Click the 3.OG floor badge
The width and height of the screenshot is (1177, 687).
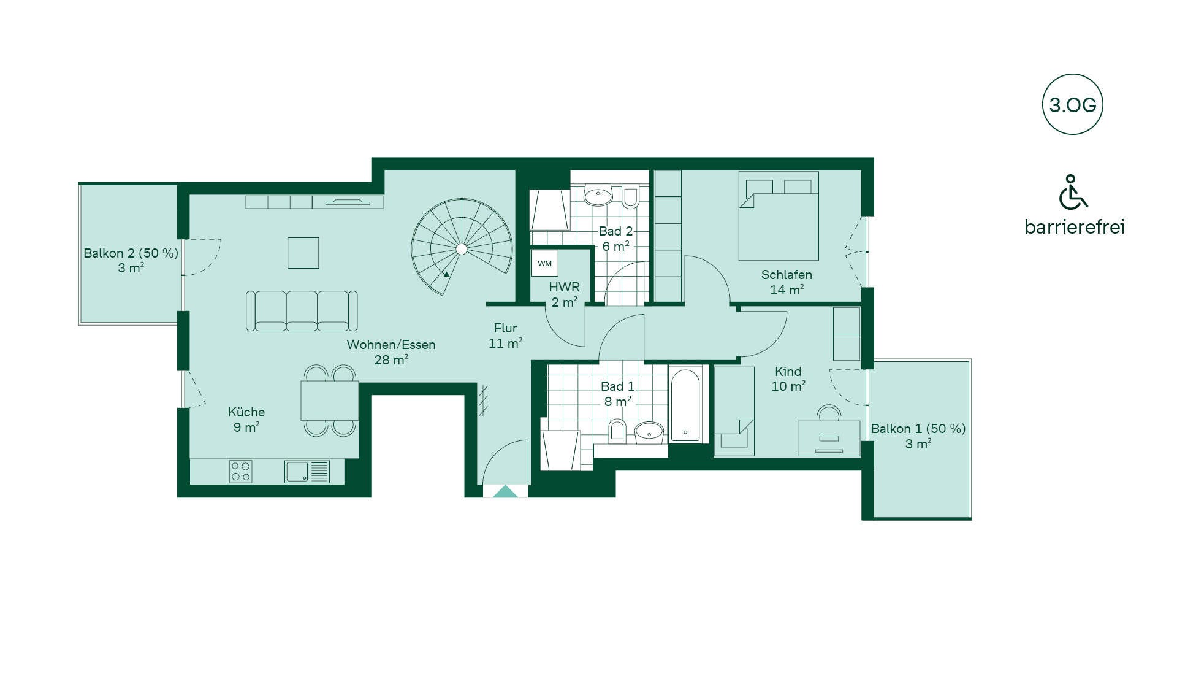(x=1072, y=104)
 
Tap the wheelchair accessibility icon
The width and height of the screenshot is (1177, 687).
(x=1073, y=192)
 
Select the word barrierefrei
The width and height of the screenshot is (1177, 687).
(x=1075, y=227)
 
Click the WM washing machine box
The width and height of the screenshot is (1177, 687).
(x=544, y=264)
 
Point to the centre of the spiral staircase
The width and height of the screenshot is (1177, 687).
(x=462, y=248)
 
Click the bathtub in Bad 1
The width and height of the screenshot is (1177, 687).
(x=685, y=404)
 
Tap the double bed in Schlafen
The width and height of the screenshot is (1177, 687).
(x=779, y=216)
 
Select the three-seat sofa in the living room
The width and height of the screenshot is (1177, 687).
(x=302, y=311)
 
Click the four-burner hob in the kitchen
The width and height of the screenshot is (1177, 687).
(x=240, y=472)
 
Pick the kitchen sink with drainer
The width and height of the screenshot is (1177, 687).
(x=307, y=472)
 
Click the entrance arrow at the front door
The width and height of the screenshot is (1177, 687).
(x=506, y=491)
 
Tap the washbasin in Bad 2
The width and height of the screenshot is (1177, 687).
(x=598, y=196)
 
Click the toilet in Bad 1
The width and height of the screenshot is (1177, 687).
(x=617, y=431)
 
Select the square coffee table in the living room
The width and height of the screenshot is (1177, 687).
(x=303, y=253)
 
